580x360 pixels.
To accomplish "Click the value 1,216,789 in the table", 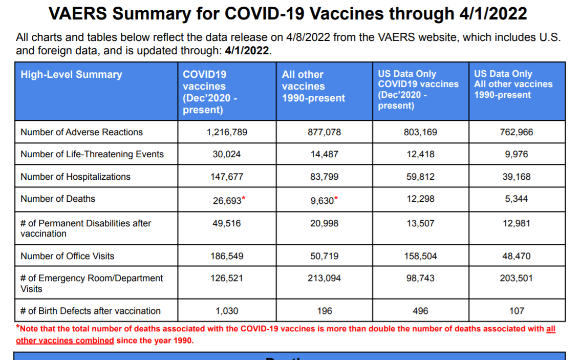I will [x=227, y=132].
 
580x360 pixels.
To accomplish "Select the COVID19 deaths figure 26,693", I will [x=227, y=200].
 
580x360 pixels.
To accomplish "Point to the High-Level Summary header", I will [x=71, y=75].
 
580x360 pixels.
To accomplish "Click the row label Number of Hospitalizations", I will [x=75, y=177].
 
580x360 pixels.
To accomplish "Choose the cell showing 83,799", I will [x=324, y=177].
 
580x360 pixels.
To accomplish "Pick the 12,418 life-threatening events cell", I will [x=420, y=154].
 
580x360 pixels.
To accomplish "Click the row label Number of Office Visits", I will [x=67, y=256].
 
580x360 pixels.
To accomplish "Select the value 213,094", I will [x=324, y=278].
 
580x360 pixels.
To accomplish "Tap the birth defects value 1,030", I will [x=227, y=311].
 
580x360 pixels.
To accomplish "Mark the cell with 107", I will [x=517, y=311].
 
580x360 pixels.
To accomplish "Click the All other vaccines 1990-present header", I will [x=313, y=86].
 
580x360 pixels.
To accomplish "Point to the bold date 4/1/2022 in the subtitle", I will [x=247, y=51].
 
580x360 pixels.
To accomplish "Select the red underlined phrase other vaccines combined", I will [x=65, y=341].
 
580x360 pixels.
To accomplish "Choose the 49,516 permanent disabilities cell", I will [x=227, y=223].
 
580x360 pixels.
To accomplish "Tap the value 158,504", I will [x=420, y=256].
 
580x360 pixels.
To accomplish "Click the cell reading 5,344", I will [x=517, y=199].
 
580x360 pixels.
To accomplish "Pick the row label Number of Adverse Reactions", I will [x=81, y=132].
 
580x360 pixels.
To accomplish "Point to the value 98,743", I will [x=420, y=278].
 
